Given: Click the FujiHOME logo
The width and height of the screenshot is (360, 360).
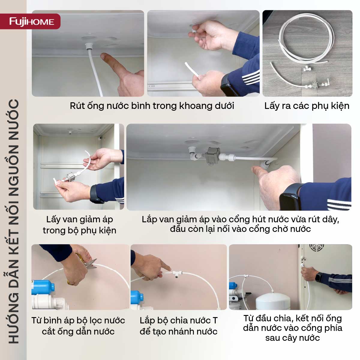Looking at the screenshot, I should point(31,22).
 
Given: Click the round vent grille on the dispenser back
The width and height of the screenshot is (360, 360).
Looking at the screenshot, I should point(317,247).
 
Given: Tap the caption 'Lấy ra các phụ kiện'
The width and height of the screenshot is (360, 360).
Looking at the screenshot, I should point(307,106).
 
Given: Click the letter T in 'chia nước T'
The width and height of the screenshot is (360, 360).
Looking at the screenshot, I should point(215,320).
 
